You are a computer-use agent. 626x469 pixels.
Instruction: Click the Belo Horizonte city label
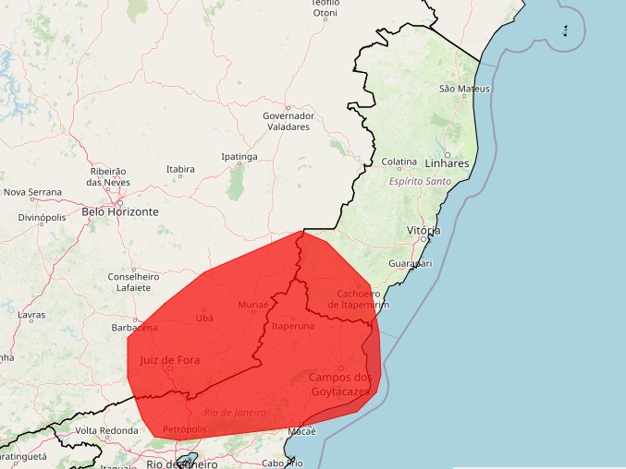pos(120,211)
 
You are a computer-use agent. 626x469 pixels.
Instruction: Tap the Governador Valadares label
pos(288,121)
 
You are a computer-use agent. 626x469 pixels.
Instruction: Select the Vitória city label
pos(423,230)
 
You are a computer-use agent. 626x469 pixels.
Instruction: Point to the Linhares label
pos(448,163)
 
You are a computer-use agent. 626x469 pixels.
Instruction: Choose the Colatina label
pos(399,162)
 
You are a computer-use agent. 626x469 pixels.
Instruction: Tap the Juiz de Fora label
pos(170,360)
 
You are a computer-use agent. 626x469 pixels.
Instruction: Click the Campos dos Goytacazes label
pos(341,384)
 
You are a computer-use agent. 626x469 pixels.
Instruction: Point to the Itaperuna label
pos(293,326)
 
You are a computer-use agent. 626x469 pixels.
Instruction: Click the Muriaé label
pos(252,304)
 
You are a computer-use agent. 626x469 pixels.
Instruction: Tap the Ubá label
pos(204,318)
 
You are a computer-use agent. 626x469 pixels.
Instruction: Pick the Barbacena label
pos(134,327)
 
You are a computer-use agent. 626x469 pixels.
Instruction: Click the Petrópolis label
pos(184,429)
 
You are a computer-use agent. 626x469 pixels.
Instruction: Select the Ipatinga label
pos(239,157)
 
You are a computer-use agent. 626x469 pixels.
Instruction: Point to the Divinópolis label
pos(43,218)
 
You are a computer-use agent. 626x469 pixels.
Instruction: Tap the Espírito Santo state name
pos(420,181)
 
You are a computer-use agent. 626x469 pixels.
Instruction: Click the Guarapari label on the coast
pos(411,263)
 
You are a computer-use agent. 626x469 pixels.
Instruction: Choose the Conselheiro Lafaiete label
pos(134,282)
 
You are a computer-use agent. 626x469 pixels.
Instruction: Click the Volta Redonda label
pos(105,431)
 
